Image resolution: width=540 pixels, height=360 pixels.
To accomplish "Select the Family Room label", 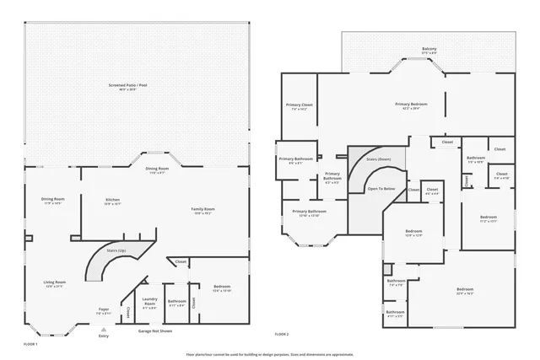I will [x=203, y=211].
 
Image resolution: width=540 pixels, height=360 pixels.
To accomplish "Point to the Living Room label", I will [x=54, y=284].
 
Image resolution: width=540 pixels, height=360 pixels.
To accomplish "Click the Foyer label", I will [x=104, y=311].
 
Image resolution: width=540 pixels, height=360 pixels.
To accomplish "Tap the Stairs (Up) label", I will [x=116, y=250].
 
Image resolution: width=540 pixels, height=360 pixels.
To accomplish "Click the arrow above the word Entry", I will [x=104, y=330].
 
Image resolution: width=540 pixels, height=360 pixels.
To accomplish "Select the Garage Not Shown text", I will [x=155, y=331].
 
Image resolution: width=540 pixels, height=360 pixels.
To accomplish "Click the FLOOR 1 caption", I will [x=30, y=344].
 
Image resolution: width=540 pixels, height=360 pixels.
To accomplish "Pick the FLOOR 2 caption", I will [x=282, y=335].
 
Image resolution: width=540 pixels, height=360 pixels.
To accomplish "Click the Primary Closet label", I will [x=300, y=106].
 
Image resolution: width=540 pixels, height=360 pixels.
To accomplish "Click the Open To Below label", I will [x=381, y=189].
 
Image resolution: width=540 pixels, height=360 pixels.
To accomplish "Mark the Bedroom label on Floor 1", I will [x=221, y=288].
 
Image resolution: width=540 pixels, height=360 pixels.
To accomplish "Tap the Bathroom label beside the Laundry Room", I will [x=176, y=303].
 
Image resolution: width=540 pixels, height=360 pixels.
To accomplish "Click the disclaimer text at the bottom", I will [x=271, y=354].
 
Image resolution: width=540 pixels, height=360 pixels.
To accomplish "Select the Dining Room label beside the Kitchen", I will [x=53, y=201].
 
